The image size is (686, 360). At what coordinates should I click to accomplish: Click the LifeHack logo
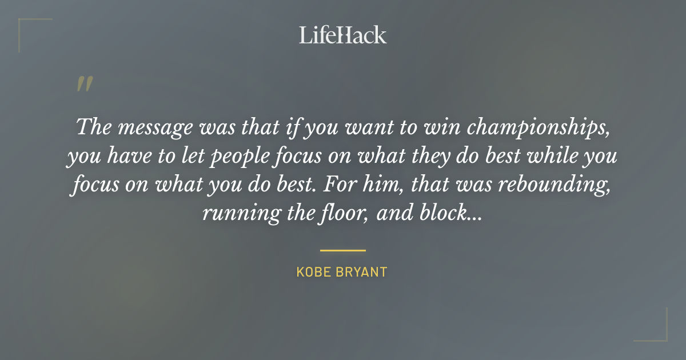343,35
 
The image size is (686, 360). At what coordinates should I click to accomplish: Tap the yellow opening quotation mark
84,84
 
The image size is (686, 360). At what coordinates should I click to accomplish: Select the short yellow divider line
342,250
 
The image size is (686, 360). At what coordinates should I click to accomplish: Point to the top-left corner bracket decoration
26,26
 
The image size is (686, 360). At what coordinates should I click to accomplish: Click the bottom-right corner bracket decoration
660,334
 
